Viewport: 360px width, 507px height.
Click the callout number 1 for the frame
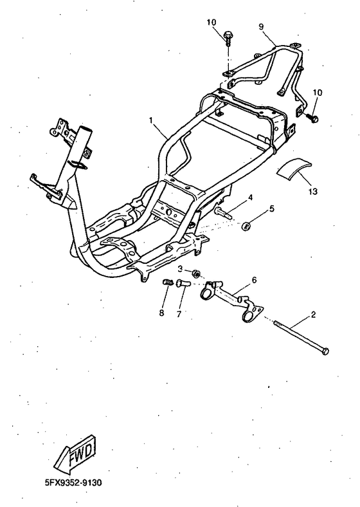(150, 120)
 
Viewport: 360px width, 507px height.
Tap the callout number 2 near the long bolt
(313, 314)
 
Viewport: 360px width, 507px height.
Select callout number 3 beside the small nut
(181, 269)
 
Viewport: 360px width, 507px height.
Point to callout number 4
(251, 198)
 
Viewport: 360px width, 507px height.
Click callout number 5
(272, 208)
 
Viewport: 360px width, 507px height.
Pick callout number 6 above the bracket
(254, 280)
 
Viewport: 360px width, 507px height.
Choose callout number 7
(179, 313)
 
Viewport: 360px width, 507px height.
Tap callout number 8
(161, 313)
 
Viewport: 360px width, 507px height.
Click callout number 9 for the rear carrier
(261, 27)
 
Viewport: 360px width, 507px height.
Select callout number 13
(313, 192)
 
